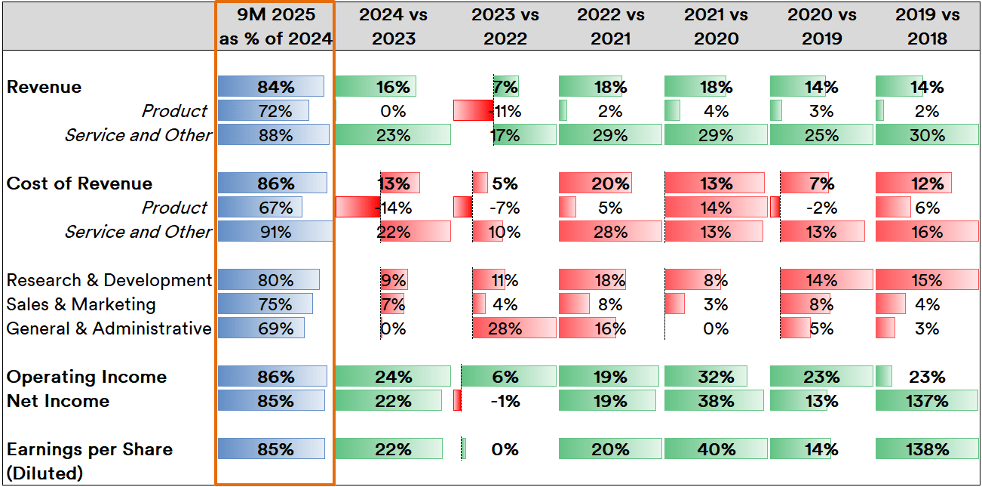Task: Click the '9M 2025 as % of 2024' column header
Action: [x=275, y=26]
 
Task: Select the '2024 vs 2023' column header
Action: [x=393, y=26]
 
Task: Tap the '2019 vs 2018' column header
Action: [x=927, y=26]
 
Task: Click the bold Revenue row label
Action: [x=44, y=87]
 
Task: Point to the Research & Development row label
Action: [x=109, y=280]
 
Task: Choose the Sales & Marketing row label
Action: [x=81, y=304]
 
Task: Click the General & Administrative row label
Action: [x=109, y=328]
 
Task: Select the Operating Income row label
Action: [x=87, y=377]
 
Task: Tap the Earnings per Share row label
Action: [x=89, y=449]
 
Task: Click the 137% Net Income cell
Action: [x=927, y=401]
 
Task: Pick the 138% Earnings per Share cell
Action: [x=927, y=449]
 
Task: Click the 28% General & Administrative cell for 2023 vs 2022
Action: [x=505, y=328]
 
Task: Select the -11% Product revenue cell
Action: [x=505, y=111]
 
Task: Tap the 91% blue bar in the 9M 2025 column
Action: [x=275, y=232]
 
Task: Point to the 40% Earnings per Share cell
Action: [x=715, y=449]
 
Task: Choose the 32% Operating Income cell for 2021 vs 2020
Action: [x=715, y=377]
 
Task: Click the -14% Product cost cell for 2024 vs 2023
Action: [x=393, y=208]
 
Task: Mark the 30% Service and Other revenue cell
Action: [x=927, y=135]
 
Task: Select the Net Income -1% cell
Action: [x=505, y=401]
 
